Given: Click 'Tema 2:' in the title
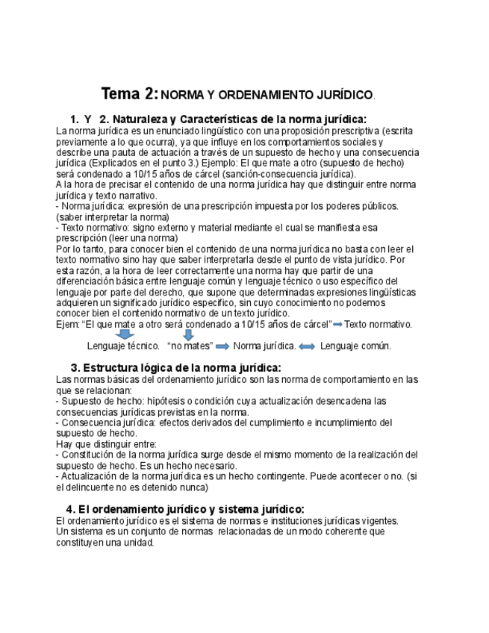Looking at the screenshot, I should tap(129, 94).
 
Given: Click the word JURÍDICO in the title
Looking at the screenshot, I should tap(343, 96).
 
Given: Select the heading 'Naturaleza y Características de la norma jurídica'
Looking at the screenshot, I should tap(232, 119).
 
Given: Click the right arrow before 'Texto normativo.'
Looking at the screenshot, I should tap(337, 324).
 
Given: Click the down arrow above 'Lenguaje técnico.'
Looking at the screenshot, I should tap(125, 335).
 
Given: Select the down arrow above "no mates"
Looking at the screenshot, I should tap(188, 335).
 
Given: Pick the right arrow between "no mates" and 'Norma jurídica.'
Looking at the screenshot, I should tap(222, 346).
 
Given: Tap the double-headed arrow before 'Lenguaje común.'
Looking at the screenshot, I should tap(307, 346).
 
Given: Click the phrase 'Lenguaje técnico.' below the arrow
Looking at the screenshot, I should tap(123, 346).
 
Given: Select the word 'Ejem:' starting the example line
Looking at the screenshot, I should tap(68, 324).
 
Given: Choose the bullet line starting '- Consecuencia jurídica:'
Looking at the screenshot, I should tap(224, 422).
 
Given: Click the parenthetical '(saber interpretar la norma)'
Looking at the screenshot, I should tap(113, 216).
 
